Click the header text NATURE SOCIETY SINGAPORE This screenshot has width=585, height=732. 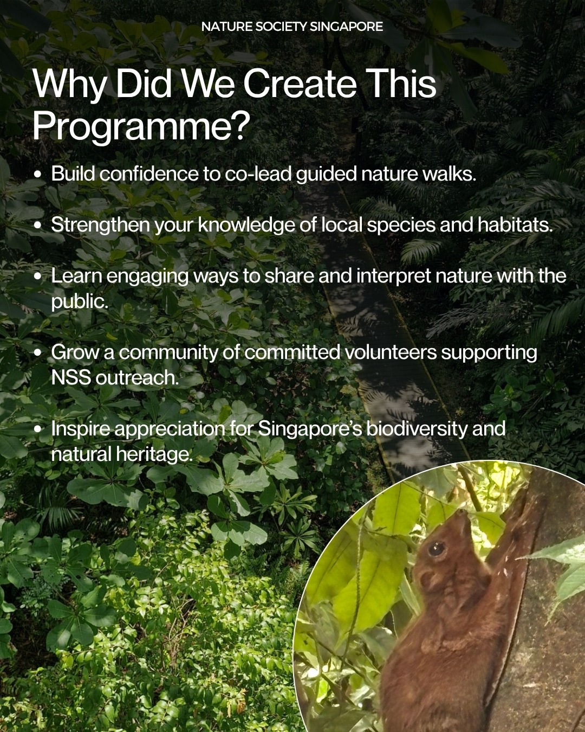[x=292, y=27]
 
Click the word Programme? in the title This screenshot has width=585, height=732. [x=141, y=126]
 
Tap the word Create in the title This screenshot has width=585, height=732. [x=301, y=84]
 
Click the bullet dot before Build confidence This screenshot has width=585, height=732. [x=38, y=175]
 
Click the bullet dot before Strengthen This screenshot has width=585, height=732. [x=38, y=226]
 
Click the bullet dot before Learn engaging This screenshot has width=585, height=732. [x=38, y=276]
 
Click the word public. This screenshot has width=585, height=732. [x=80, y=301]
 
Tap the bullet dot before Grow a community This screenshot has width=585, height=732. [x=38, y=353]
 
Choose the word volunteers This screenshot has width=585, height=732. [x=391, y=352]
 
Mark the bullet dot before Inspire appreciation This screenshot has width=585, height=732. [x=38, y=429]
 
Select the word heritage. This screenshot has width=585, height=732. [x=154, y=454]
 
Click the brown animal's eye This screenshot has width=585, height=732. [x=436, y=548]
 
